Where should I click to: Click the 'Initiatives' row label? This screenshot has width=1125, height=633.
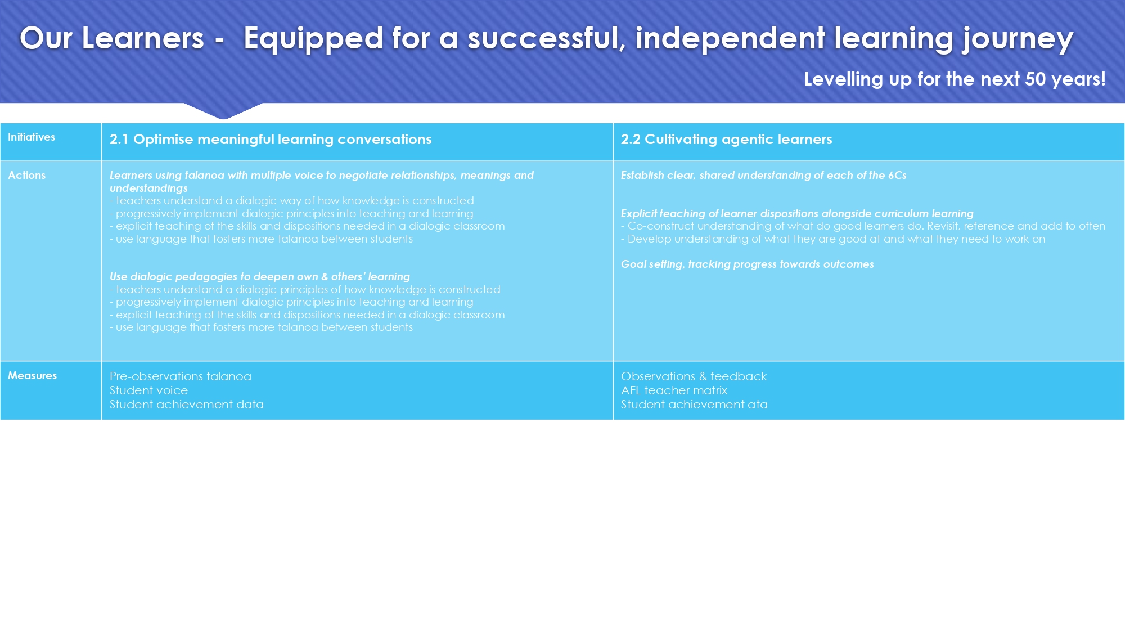pyautogui.click(x=31, y=137)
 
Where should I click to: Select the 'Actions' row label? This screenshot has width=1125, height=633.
pyautogui.click(x=27, y=176)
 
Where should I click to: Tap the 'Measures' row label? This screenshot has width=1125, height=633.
pyautogui.click(x=33, y=376)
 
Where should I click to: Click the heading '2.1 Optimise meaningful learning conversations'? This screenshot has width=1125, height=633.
pyautogui.click(x=271, y=140)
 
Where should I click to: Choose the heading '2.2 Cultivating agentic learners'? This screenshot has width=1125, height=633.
pyautogui.click(x=726, y=140)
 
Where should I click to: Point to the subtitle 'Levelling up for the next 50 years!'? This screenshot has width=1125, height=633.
pyautogui.click(x=955, y=79)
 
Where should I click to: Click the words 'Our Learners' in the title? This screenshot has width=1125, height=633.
pyautogui.click(x=112, y=38)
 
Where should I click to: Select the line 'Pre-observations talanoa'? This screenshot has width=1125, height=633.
pyautogui.click(x=181, y=376)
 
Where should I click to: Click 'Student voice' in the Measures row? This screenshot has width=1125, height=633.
pyautogui.click(x=149, y=390)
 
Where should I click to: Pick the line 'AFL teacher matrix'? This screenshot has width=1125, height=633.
pyautogui.click(x=674, y=390)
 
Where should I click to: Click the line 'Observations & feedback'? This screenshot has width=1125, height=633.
pyautogui.click(x=694, y=376)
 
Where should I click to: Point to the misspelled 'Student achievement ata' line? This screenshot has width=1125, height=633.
pyautogui.click(x=694, y=405)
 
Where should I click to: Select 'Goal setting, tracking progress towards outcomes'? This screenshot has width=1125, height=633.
pyautogui.click(x=748, y=264)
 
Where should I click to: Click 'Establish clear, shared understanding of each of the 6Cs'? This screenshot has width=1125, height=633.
pyautogui.click(x=764, y=176)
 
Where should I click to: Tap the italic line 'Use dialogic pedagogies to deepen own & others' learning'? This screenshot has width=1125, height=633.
pyautogui.click(x=260, y=277)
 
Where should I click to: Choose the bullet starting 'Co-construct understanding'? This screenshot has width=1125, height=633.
pyautogui.click(x=863, y=226)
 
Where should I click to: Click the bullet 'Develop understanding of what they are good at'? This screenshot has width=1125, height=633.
pyautogui.click(x=833, y=239)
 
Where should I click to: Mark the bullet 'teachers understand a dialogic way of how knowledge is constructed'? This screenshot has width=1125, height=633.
pyautogui.click(x=292, y=201)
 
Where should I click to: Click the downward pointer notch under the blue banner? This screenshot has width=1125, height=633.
pyautogui.click(x=223, y=111)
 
